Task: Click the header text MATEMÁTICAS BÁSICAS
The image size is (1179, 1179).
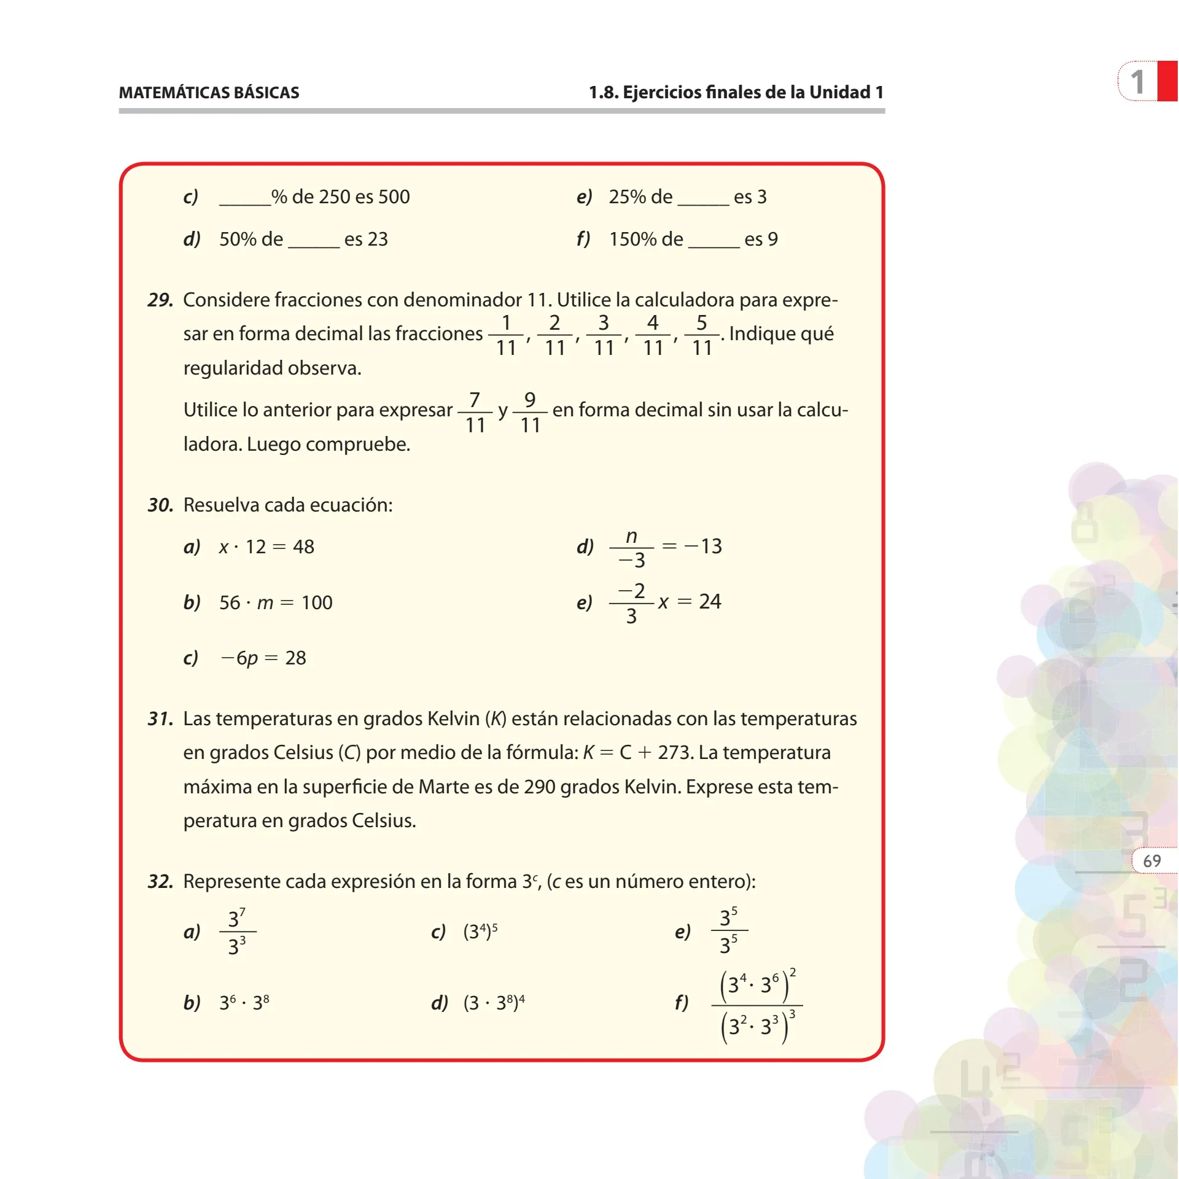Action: click(209, 93)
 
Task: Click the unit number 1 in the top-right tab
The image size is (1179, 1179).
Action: click(1137, 82)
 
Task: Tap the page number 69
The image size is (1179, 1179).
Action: click(1151, 861)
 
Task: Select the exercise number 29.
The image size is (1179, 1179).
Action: click(160, 300)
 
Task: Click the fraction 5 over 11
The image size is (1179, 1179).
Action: click(701, 335)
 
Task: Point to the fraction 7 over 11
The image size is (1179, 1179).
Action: click(475, 412)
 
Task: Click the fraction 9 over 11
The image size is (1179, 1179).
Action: click(530, 412)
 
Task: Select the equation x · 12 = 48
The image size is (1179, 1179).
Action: click(267, 547)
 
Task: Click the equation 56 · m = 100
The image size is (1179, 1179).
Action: click(276, 602)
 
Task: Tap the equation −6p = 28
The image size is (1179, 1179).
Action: click(263, 658)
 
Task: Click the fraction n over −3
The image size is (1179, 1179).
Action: click(631, 548)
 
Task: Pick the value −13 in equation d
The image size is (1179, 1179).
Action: click(703, 546)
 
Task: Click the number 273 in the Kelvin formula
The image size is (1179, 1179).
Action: click(674, 752)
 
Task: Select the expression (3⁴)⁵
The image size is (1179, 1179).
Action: click(480, 932)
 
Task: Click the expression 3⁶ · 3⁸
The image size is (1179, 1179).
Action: click(244, 1003)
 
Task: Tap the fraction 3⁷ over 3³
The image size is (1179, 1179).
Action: click(237, 932)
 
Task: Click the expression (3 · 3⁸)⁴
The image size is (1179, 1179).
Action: click(494, 1003)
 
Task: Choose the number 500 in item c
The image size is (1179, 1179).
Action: click(394, 196)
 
